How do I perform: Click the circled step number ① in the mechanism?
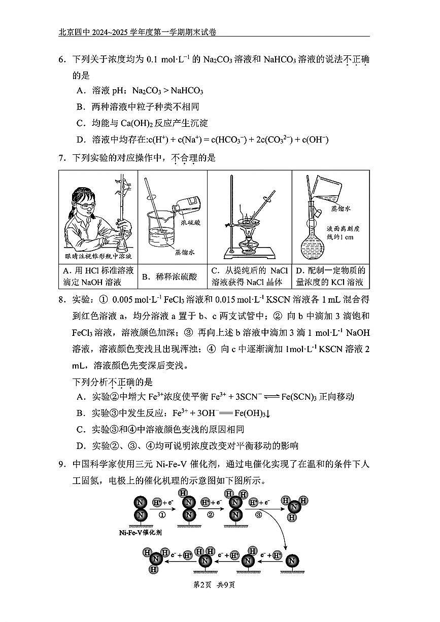click(x=162, y=513)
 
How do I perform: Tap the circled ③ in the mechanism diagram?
click(x=258, y=513)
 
